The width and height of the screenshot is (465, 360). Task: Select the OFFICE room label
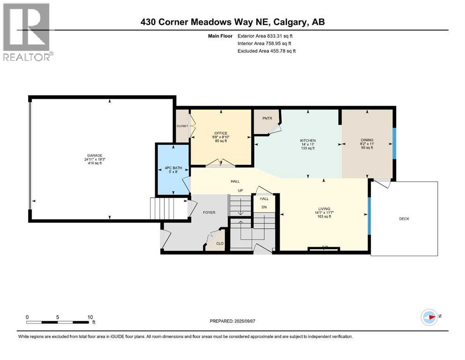221,133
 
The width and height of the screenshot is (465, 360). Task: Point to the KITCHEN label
308,141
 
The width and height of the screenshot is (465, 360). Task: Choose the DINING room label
367,140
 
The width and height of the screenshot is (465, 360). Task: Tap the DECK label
404,218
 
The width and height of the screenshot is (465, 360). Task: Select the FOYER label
209,212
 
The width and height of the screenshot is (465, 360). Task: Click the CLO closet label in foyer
219,243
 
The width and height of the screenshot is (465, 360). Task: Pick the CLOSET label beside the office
182,126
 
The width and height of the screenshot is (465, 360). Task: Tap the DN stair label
264,207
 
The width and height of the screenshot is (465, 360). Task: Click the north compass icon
428,317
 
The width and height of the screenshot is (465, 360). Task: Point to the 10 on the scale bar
90,317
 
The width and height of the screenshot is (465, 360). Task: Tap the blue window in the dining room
394,144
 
